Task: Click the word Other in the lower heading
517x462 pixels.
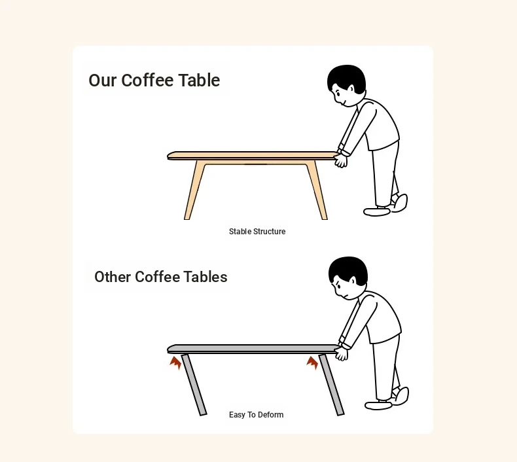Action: click(113, 277)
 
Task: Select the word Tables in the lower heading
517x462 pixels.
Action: click(205, 277)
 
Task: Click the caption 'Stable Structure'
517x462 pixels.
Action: click(257, 232)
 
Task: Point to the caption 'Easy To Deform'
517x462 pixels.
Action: click(256, 414)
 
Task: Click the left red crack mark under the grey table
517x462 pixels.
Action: click(176, 363)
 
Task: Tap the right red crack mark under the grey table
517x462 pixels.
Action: click(312, 363)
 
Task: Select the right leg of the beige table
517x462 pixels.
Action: click(317, 190)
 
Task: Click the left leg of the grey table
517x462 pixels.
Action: click(194, 385)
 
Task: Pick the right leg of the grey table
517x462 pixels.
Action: click(332, 385)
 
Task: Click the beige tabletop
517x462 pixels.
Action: click(252, 155)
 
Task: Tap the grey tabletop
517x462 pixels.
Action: click(253, 349)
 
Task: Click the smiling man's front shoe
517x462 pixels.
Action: click(377, 211)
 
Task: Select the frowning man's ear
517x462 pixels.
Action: click(353, 281)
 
